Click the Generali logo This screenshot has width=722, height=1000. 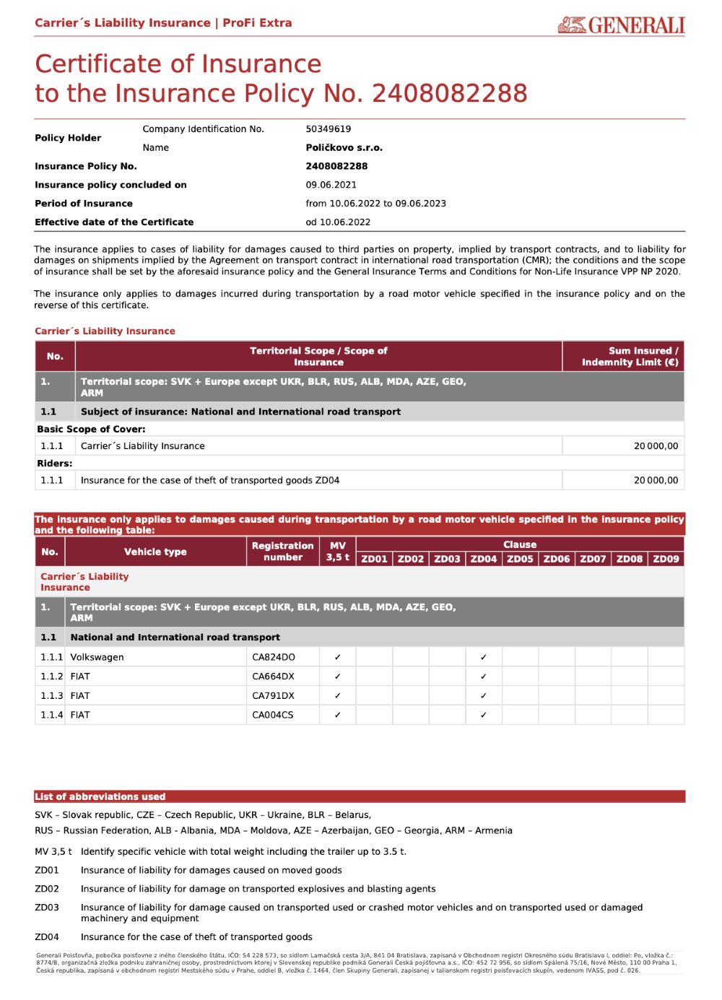click(x=621, y=25)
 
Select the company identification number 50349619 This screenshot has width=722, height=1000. click(x=328, y=129)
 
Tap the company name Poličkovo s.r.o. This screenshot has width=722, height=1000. click(x=344, y=148)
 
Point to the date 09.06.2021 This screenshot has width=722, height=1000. click(x=331, y=185)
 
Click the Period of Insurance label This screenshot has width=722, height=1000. click(x=84, y=204)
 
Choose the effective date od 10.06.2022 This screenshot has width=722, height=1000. click(x=338, y=222)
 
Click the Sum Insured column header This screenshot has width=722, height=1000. click(x=630, y=356)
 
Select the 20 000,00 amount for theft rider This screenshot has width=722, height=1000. click(x=656, y=480)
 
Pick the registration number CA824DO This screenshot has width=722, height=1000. click(x=273, y=657)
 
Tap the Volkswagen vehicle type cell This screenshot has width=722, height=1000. click(x=97, y=657)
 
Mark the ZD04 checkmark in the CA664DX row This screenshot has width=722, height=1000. click(x=483, y=677)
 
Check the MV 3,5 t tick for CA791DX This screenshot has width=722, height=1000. click(x=337, y=696)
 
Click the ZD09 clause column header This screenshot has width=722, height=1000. click(x=666, y=559)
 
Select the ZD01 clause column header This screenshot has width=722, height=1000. click(x=374, y=559)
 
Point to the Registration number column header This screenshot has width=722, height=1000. click(x=282, y=552)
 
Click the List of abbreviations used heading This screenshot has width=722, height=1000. click(x=100, y=796)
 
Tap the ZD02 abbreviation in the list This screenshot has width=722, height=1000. click(x=47, y=889)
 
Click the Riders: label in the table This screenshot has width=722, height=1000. click(x=55, y=463)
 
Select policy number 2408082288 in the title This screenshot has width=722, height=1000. click(x=449, y=93)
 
